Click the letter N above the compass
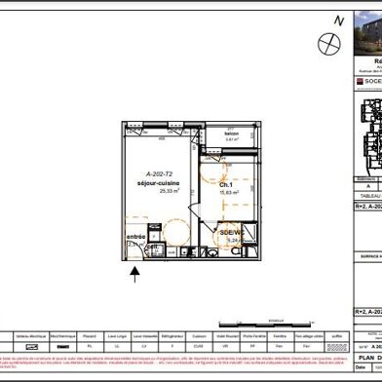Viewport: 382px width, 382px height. [338, 19]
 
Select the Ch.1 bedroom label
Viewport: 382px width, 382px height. [196, 184]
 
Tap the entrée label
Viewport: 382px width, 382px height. [137, 237]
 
